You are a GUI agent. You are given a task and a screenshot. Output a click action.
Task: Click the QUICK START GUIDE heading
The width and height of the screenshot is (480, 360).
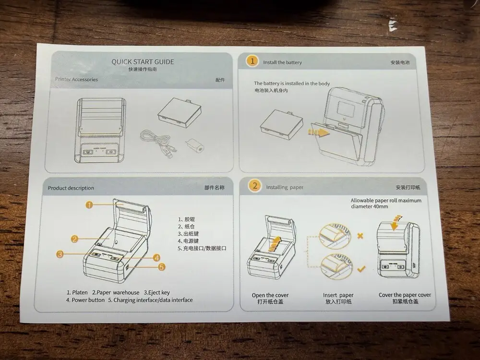[143, 61]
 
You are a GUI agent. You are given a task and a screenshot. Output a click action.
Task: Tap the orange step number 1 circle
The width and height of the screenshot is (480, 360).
[251, 61]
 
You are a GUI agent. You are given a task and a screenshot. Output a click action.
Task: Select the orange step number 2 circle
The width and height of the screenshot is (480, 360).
[255, 186]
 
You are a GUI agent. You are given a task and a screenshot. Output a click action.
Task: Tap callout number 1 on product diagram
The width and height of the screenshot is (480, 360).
[89, 204]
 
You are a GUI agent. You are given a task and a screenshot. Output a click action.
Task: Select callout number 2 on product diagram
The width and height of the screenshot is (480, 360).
[75, 239]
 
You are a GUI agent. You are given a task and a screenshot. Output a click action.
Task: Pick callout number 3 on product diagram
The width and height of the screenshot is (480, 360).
[60, 254]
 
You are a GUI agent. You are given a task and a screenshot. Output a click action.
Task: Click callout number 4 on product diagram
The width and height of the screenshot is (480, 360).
[156, 257]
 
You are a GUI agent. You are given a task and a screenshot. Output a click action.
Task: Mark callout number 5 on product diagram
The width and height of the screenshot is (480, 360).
[162, 267]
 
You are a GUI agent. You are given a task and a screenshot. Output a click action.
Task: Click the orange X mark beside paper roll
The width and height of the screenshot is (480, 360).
[360, 236]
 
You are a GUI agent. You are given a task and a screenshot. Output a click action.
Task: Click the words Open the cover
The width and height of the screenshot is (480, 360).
[270, 295]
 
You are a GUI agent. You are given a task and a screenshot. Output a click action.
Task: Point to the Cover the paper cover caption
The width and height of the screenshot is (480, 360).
[405, 295]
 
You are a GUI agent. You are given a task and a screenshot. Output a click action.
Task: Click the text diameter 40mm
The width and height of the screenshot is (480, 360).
[369, 207]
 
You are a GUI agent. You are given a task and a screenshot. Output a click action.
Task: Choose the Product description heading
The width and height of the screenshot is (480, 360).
[71, 188]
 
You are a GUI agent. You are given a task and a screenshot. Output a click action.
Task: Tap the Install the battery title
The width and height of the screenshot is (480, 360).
[282, 62]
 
